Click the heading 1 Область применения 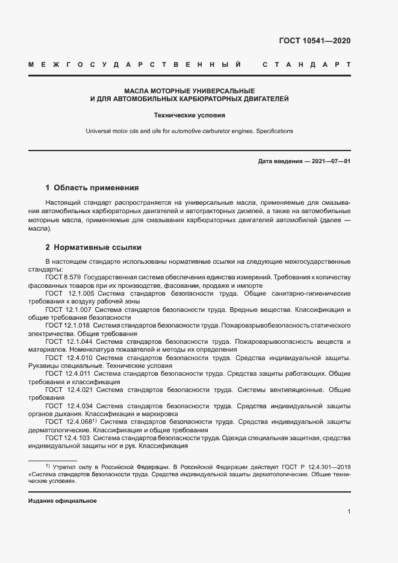pos(92,188)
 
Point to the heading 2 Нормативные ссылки pos(94,247)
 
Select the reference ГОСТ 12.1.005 pos(67,293)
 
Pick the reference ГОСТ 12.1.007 pos(67,309)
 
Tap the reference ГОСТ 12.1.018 pos(67,325)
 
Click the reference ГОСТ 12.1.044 pos(67,341)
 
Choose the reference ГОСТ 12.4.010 pos(67,357)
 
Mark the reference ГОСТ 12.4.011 pos(67,373)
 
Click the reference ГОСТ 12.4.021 pos(67,389)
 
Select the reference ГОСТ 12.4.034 pos(67,405)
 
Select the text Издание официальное pos(63,501)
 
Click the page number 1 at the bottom pos(349,512)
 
